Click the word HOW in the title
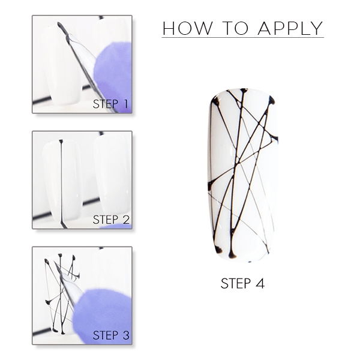point(187,28)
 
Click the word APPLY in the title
point(290,28)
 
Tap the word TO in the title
point(236,28)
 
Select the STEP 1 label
point(110,104)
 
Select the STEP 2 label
point(111,220)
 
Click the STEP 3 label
point(111,335)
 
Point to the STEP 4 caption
point(242,283)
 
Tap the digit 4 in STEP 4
point(260,283)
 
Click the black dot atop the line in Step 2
point(61,141)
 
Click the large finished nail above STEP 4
point(243,175)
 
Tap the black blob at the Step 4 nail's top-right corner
point(272,100)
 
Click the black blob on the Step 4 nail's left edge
point(211,185)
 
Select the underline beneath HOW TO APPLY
point(242,37)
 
